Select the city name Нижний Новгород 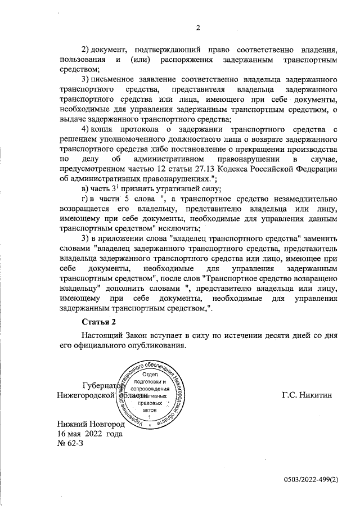89,423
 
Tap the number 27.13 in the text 224,169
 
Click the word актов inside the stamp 150,411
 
